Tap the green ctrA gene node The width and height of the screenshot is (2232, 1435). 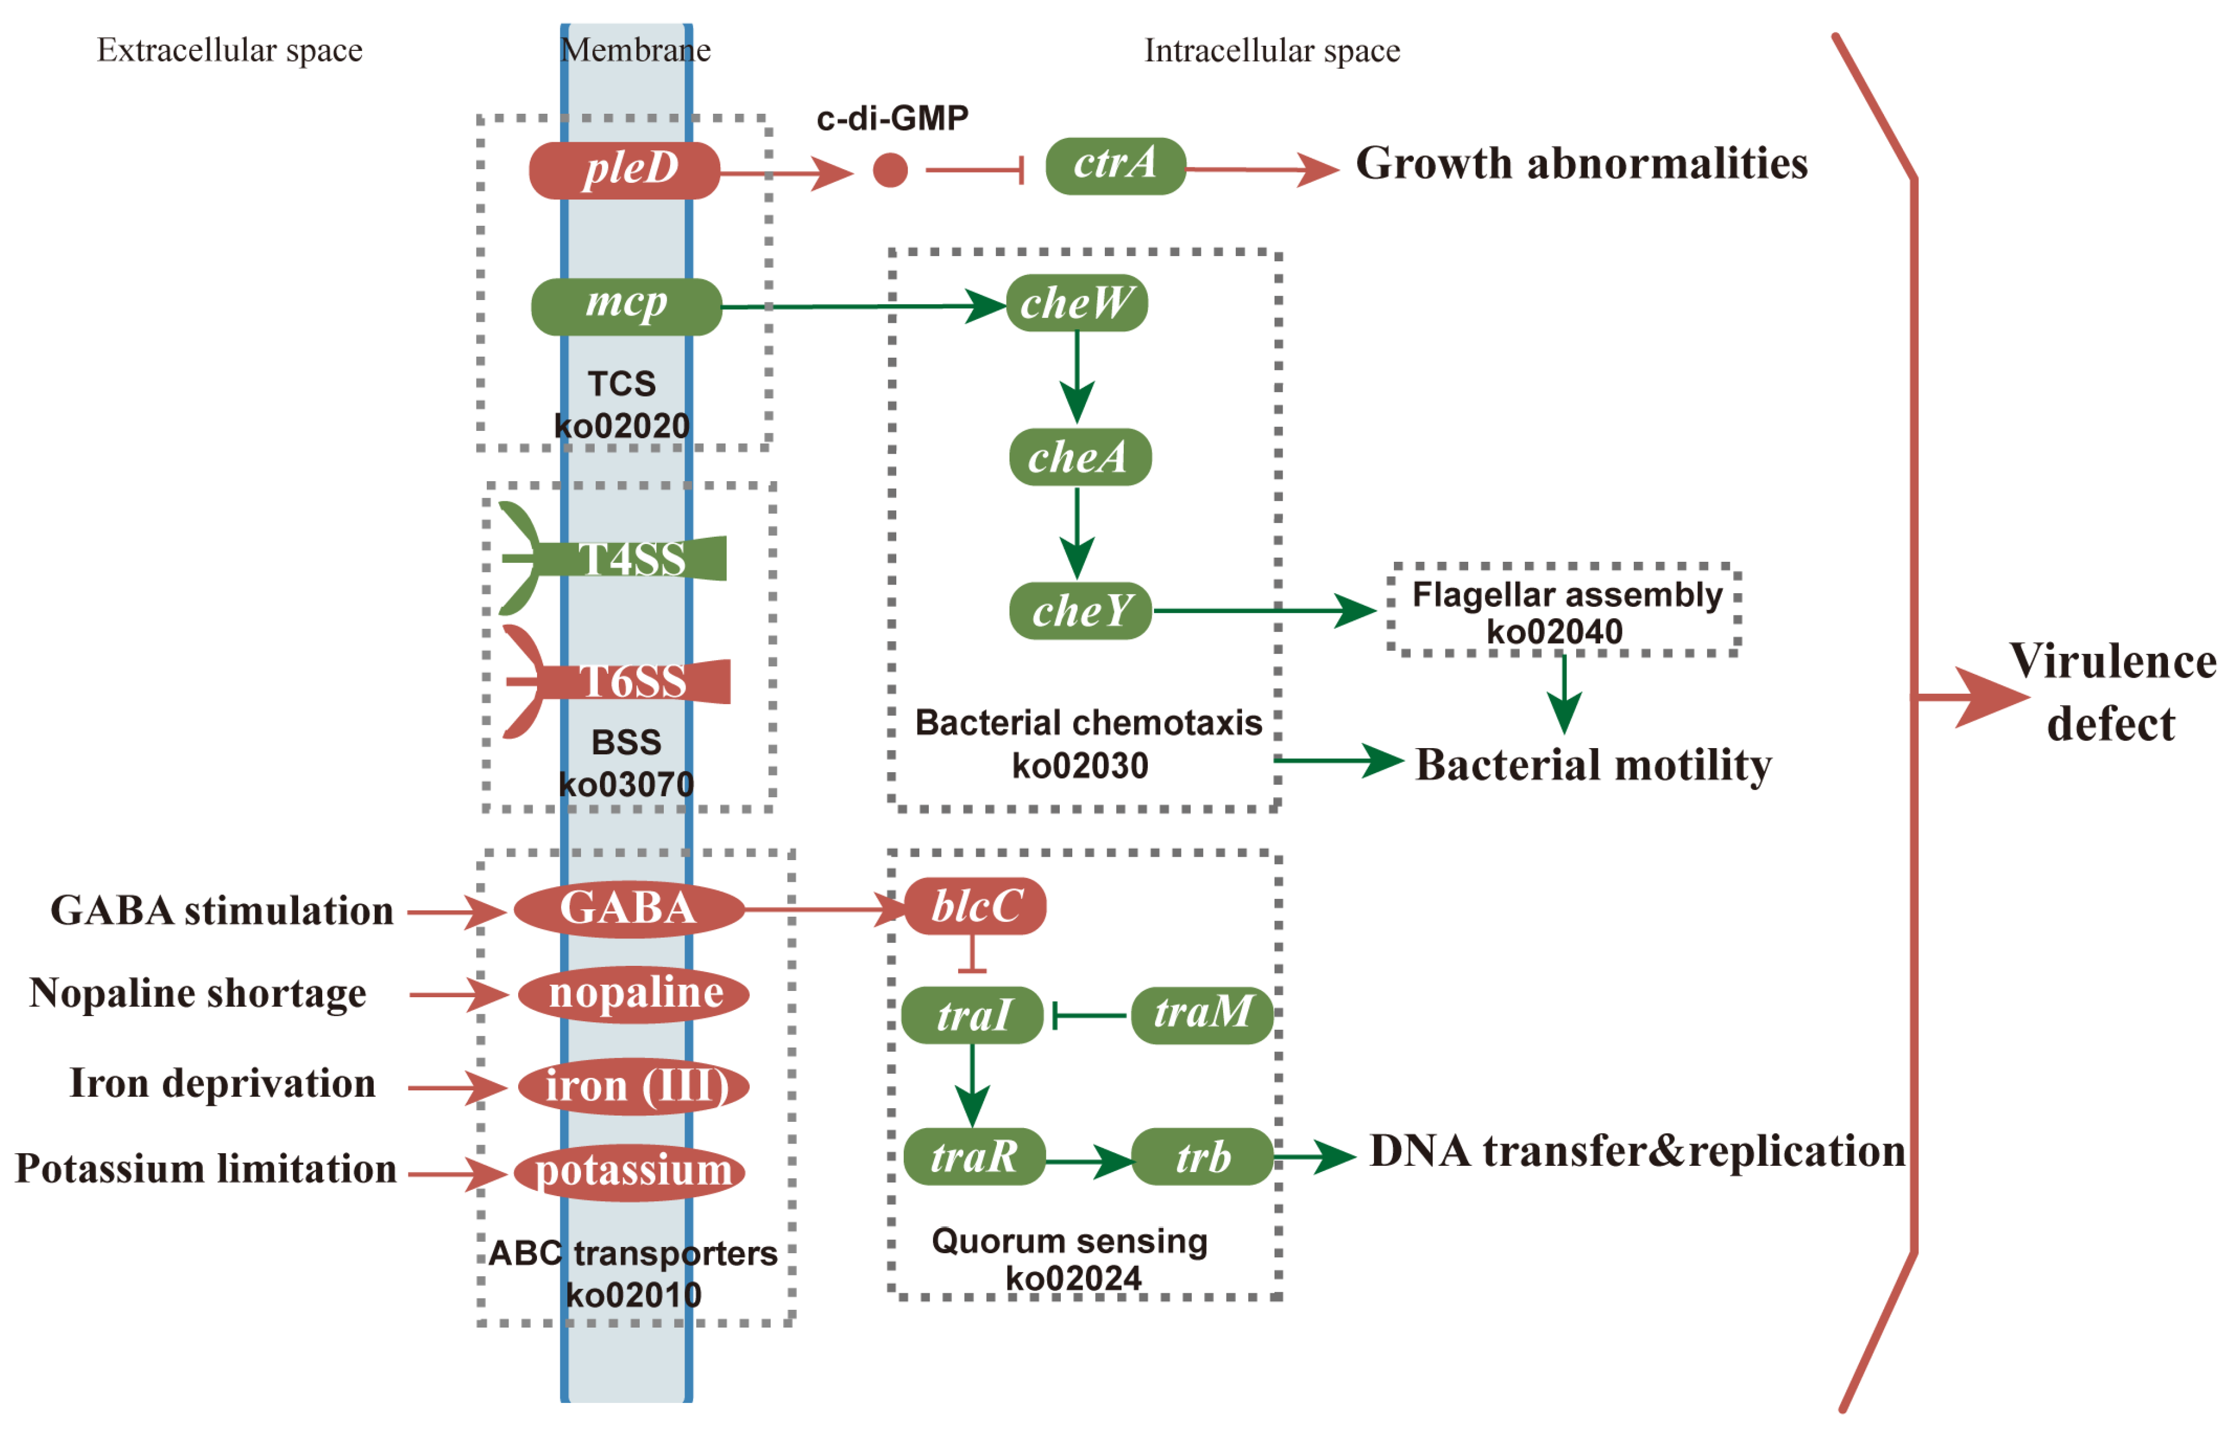1115,166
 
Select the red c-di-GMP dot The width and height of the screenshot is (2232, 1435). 889,170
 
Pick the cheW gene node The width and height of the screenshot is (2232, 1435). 1076,303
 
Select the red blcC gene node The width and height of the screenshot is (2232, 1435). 975,906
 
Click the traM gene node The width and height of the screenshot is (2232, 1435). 1202,1014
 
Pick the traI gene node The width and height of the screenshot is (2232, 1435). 972,1015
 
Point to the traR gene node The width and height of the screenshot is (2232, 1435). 973,1156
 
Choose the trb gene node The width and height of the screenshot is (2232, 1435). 1202,1156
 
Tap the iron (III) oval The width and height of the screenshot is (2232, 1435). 634,1086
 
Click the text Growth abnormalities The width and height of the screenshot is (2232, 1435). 1580,164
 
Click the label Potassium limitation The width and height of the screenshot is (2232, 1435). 206,1169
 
